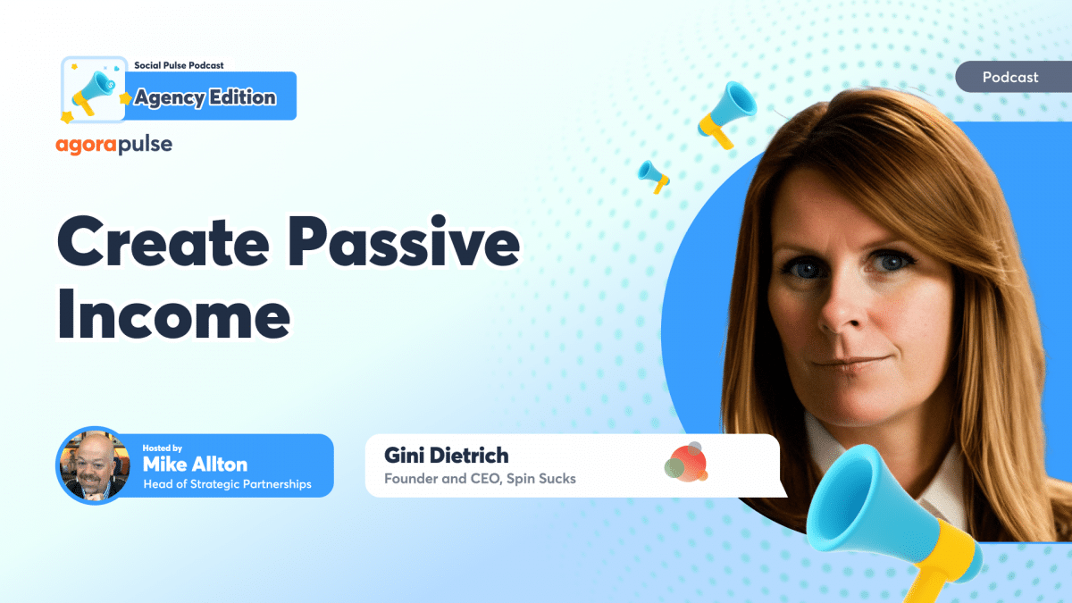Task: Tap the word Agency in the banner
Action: click(170, 98)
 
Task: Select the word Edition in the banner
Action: click(243, 97)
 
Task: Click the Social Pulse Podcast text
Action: click(179, 65)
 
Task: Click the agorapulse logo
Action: click(114, 145)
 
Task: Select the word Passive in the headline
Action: click(404, 240)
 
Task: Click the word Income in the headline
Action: click(174, 314)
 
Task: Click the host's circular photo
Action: click(95, 465)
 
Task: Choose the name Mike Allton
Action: click(195, 465)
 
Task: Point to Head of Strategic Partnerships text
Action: click(227, 484)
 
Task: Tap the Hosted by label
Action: click(163, 448)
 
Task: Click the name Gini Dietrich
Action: click(446, 455)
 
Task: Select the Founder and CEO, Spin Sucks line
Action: click(480, 479)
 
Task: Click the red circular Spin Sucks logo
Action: click(686, 463)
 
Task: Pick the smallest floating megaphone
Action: click(654, 176)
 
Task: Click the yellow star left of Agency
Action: click(125, 98)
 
